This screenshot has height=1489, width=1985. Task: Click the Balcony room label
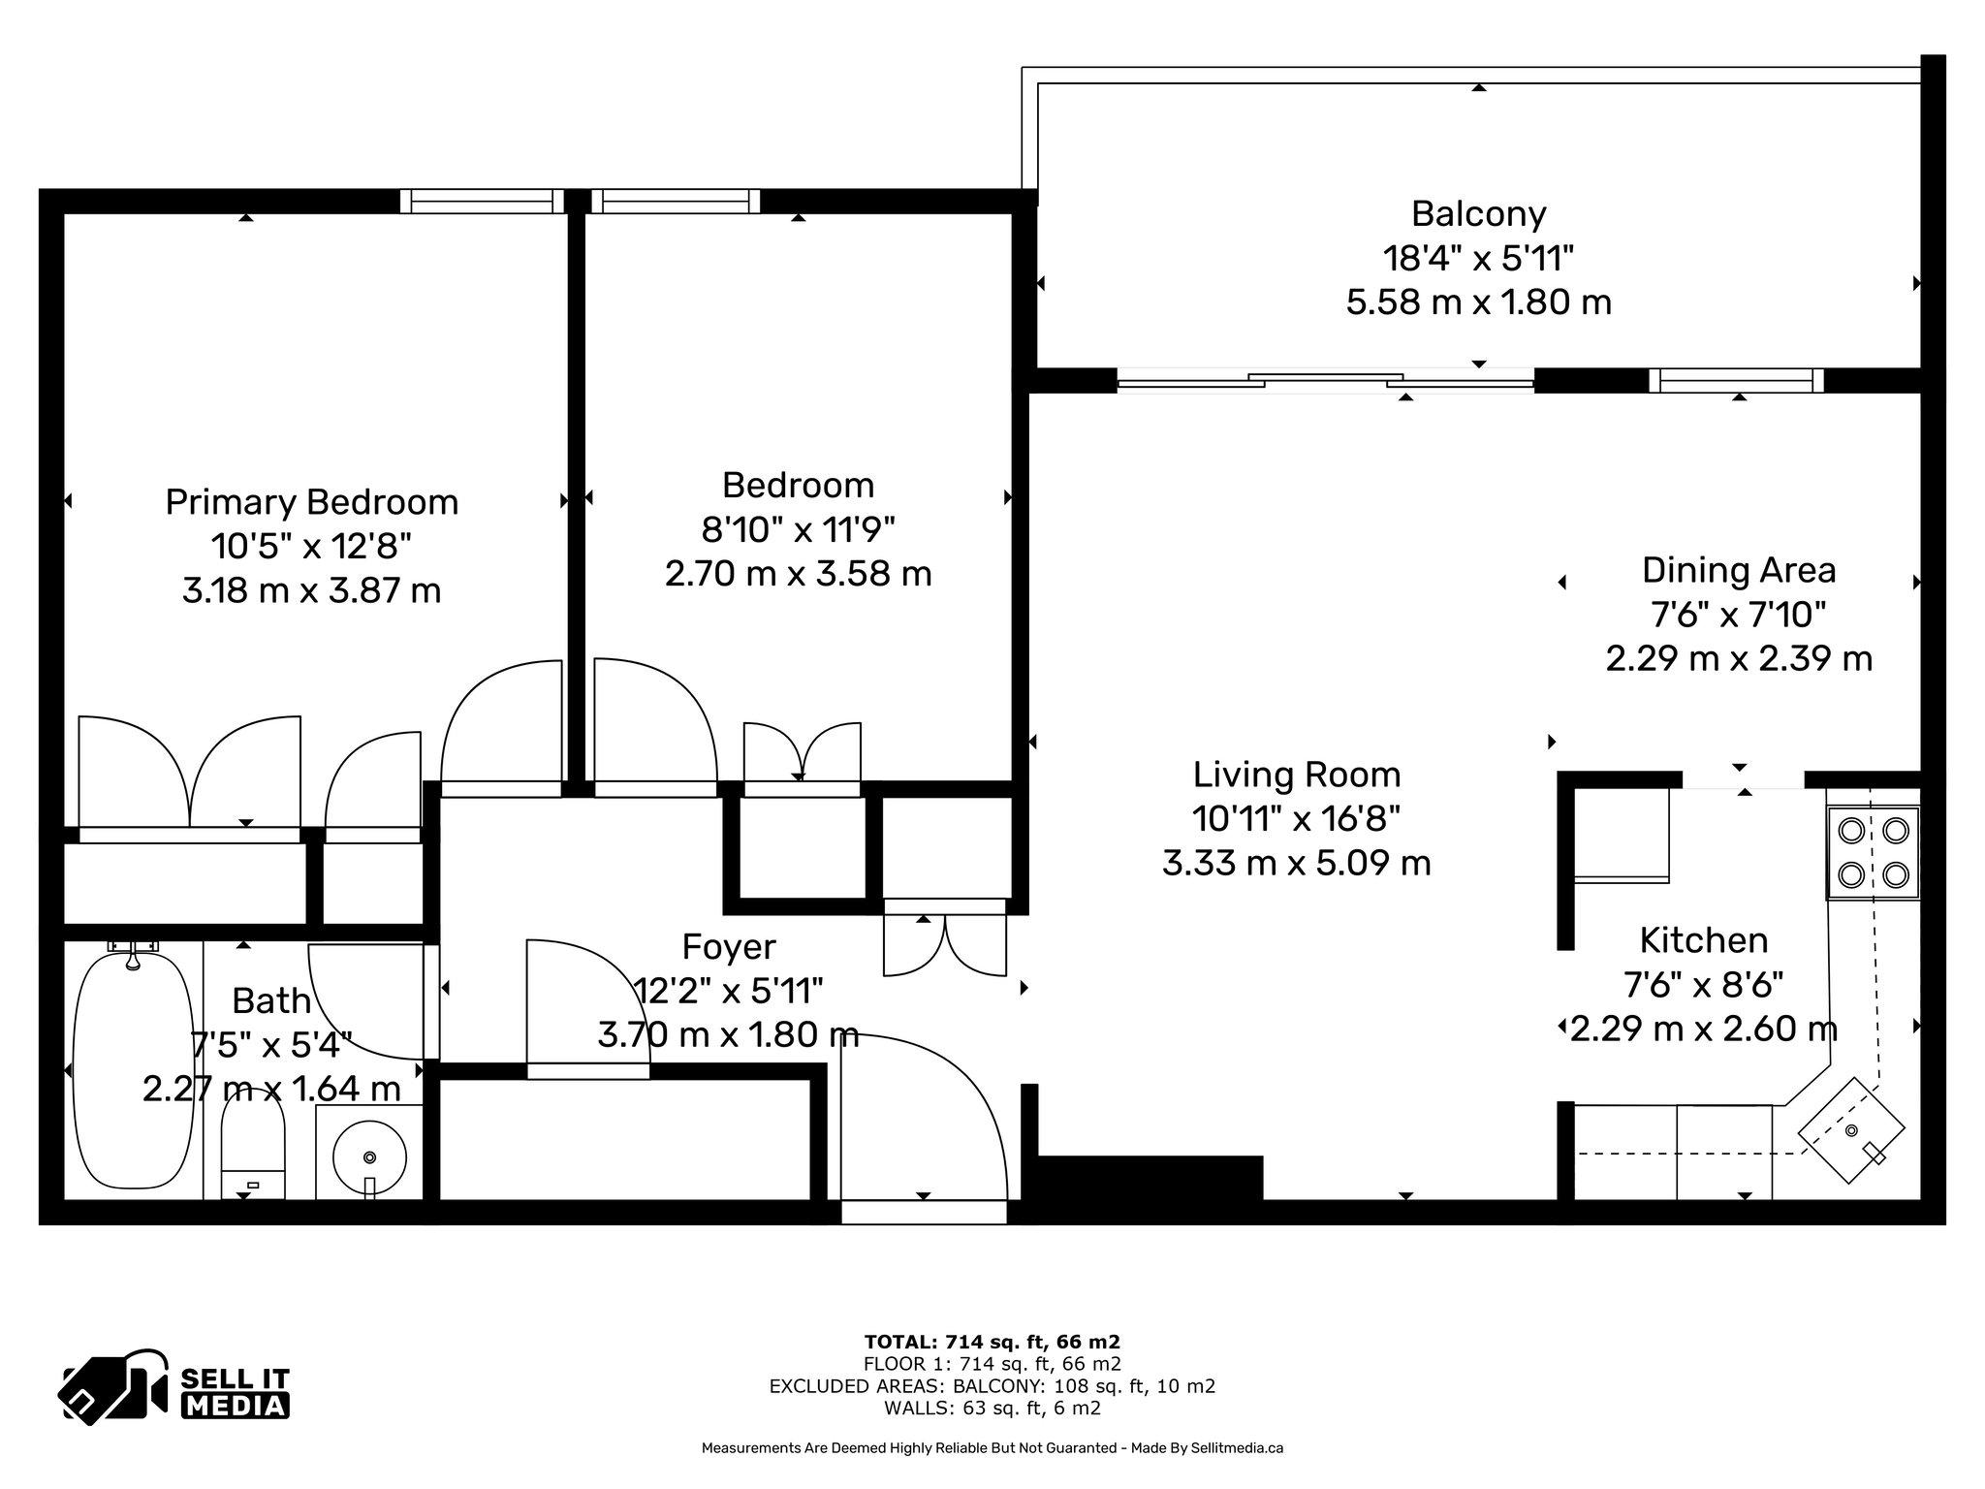(x=1478, y=213)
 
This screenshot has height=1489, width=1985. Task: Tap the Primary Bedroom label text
(x=311, y=502)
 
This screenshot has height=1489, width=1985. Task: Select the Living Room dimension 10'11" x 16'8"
(x=1297, y=818)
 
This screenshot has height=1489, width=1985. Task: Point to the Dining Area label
(x=1739, y=570)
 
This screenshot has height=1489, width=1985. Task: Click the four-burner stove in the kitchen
(x=1873, y=853)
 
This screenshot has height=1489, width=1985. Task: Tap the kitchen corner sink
(x=1851, y=1130)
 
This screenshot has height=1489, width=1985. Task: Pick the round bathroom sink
(x=369, y=1156)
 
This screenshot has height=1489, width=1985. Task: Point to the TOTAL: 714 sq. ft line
(x=992, y=1343)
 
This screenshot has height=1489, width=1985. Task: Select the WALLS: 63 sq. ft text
(x=992, y=1409)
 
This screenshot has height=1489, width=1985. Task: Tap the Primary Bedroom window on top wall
(x=482, y=201)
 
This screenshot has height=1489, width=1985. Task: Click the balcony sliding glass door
(x=1325, y=381)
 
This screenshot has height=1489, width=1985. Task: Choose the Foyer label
(x=729, y=946)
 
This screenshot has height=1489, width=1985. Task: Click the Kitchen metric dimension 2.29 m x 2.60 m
(x=1703, y=1028)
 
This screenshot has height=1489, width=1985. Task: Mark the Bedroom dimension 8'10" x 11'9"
(x=798, y=529)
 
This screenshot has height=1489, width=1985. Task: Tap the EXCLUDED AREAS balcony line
(x=992, y=1386)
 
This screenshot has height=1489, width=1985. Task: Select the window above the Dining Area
(x=1736, y=381)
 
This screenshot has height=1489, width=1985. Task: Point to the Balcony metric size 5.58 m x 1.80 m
(x=1478, y=302)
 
